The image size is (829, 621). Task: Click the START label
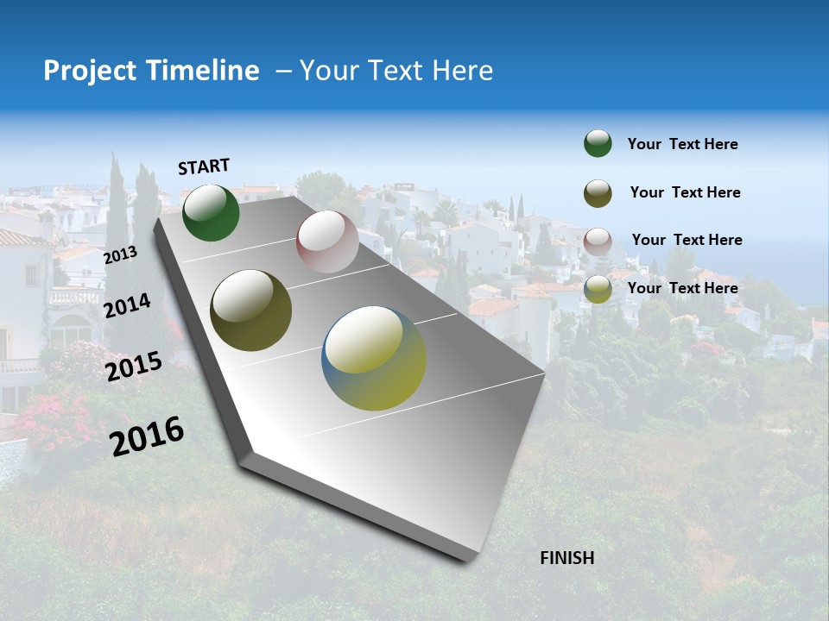[204, 166]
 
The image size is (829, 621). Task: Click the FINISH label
[566, 558]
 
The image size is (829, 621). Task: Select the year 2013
[120, 255]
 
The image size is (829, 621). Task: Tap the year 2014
[127, 305]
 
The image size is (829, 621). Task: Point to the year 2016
[147, 436]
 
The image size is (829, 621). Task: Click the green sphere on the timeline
[211, 213]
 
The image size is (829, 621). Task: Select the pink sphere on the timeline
[327, 241]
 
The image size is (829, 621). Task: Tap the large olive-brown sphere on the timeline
[250, 310]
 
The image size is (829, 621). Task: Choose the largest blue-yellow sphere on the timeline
[374, 358]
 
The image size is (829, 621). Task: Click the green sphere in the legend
[598, 144]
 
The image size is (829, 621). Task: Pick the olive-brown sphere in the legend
[598, 192]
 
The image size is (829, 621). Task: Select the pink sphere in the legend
[598, 241]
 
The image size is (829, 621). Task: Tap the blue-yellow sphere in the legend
[598, 289]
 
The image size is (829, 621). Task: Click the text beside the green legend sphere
[682, 145]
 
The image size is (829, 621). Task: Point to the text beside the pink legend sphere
[687, 240]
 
